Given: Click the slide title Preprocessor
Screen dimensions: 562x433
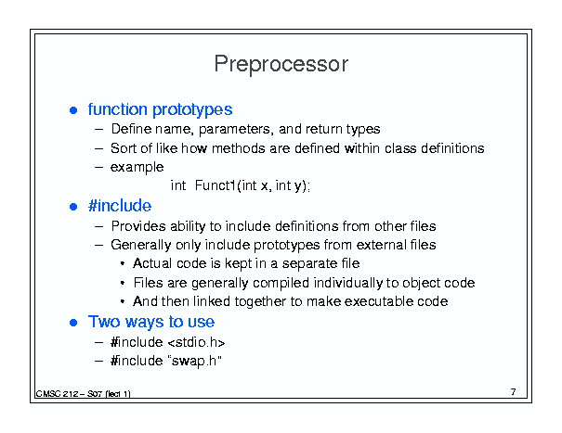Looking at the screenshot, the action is point(281,64).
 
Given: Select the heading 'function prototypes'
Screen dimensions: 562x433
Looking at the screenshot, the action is point(160,109).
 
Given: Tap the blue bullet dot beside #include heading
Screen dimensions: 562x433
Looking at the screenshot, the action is point(73,207).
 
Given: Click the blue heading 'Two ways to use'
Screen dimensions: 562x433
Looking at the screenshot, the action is point(151,322).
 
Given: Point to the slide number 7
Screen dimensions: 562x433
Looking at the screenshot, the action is point(514,392).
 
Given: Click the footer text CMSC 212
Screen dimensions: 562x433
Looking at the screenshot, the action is point(57,394).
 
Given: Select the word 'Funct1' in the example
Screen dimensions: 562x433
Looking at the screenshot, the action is point(216,185).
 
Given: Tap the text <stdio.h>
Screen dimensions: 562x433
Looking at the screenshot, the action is point(196,342).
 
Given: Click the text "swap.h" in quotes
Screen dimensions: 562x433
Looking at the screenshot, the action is point(194,361).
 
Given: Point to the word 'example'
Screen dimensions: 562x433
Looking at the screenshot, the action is point(137,168).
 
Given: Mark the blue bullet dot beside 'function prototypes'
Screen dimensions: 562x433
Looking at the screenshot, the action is point(73,110).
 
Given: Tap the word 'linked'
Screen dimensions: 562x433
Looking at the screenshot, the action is point(212,301).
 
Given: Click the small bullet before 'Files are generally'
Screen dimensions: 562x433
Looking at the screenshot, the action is point(123,283).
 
